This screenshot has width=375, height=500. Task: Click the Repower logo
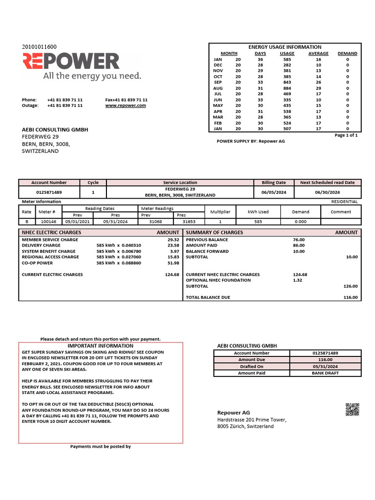[x=71, y=62]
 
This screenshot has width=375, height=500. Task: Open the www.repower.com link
[x=125, y=105]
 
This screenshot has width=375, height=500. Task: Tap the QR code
[x=352, y=410]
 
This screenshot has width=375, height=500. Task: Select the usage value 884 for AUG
[x=287, y=88]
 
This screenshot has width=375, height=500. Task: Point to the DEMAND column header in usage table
[x=347, y=53]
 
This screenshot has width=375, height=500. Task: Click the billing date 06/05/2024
[x=274, y=192]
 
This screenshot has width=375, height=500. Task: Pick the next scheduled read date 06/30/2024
[x=327, y=192]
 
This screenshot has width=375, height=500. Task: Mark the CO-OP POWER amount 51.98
[x=173, y=263]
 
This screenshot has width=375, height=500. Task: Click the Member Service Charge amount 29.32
[x=173, y=240]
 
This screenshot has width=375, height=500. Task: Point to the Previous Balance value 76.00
[x=298, y=240]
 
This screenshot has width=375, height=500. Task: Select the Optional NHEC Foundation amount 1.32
[x=297, y=280]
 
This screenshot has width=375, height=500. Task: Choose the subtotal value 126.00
[x=350, y=286]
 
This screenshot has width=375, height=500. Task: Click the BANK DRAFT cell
[x=325, y=373]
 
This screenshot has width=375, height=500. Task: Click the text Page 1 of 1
[x=346, y=135]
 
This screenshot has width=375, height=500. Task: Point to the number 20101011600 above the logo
[x=40, y=47]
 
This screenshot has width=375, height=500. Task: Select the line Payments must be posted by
[x=101, y=446]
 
